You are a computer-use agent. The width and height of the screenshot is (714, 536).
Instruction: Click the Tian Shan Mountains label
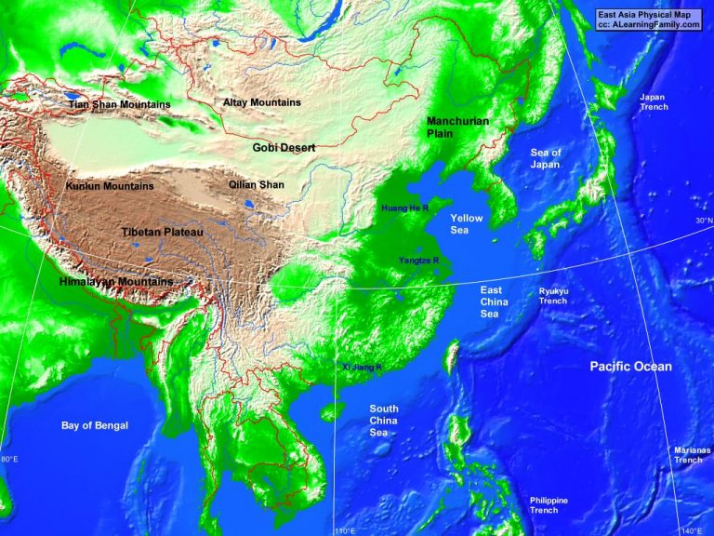click(x=119, y=105)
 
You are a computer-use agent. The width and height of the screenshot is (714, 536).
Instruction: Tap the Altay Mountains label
click(x=262, y=102)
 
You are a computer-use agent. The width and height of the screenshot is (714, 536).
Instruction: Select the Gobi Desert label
click(x=284, y=148)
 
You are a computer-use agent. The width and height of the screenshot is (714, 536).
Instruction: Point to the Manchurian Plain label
click(x=457, y=127)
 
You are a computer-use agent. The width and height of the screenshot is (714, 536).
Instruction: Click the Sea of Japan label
click(x=546, y=158)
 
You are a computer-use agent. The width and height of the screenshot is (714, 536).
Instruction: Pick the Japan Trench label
click(x=654, y=101)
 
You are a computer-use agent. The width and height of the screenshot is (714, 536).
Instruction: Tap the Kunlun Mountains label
click(x=110, y=186)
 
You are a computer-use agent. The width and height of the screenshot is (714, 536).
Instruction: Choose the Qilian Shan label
click(x=257, y=185)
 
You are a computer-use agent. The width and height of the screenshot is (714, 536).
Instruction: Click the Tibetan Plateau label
click(x=162, y=231)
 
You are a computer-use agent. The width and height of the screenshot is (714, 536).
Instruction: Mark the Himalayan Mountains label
click(x=116, y=281)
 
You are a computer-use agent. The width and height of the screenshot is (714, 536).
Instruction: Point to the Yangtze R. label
click(x=418, y=260)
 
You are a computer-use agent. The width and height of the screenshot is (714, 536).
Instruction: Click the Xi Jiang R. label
click(x=363, y=368)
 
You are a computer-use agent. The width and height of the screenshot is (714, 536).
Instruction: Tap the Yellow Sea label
click(x=467, y=223)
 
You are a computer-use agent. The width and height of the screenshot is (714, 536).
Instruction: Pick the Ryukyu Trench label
click(x=553, y=296)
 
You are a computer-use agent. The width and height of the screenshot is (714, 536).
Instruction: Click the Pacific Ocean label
click(x=630, y=367)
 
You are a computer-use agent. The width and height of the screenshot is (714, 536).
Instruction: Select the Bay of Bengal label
click(x=95, y=425)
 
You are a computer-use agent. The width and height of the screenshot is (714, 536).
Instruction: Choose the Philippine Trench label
click(x=549, y=505)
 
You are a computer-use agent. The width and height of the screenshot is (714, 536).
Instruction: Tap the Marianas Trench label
click(x=689, y=455)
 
